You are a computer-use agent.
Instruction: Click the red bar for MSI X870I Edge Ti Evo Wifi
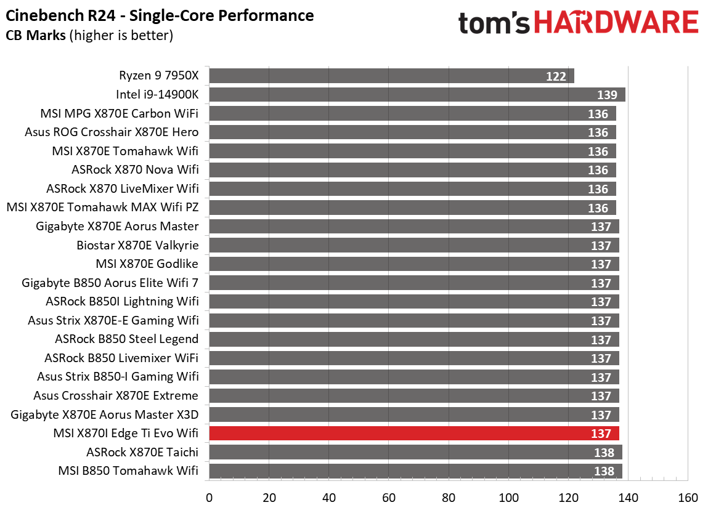click(414, 434)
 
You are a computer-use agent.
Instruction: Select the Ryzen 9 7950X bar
click(391, 76)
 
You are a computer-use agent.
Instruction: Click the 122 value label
click(556, 76)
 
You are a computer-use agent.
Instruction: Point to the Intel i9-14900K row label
click(157, 95)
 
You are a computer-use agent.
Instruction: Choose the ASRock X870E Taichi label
click(142, 452)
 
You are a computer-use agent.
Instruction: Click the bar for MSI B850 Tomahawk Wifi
click(415, 471)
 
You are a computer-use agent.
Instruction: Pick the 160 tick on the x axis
click(688, 498)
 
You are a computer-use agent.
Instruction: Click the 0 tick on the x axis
click(210, 498)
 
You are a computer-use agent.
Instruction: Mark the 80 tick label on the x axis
click(449, 498)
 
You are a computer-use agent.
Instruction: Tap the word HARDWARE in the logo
click(616, 24)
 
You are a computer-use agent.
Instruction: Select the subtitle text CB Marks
click(36, 35)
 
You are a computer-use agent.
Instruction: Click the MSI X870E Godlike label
click(147, 264)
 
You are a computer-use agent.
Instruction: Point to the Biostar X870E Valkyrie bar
click(414, 245)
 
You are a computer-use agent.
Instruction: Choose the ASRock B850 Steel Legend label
click(126, 339)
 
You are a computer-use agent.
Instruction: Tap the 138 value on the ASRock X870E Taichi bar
click(604, 453)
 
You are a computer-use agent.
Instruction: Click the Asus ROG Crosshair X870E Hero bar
click(412, 132)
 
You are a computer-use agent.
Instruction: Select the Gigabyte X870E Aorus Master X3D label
click(105, 414)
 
